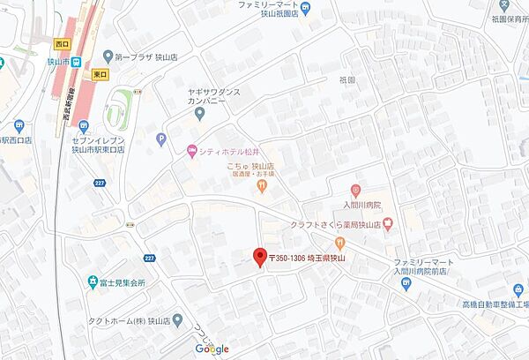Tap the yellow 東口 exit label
99,75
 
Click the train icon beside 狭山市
77,62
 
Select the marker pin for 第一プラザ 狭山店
107,55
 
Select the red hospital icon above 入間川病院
354,190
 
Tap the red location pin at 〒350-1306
259,257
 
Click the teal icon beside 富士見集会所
93,282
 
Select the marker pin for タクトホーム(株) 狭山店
178,319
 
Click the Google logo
212,349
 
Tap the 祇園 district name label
346,79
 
